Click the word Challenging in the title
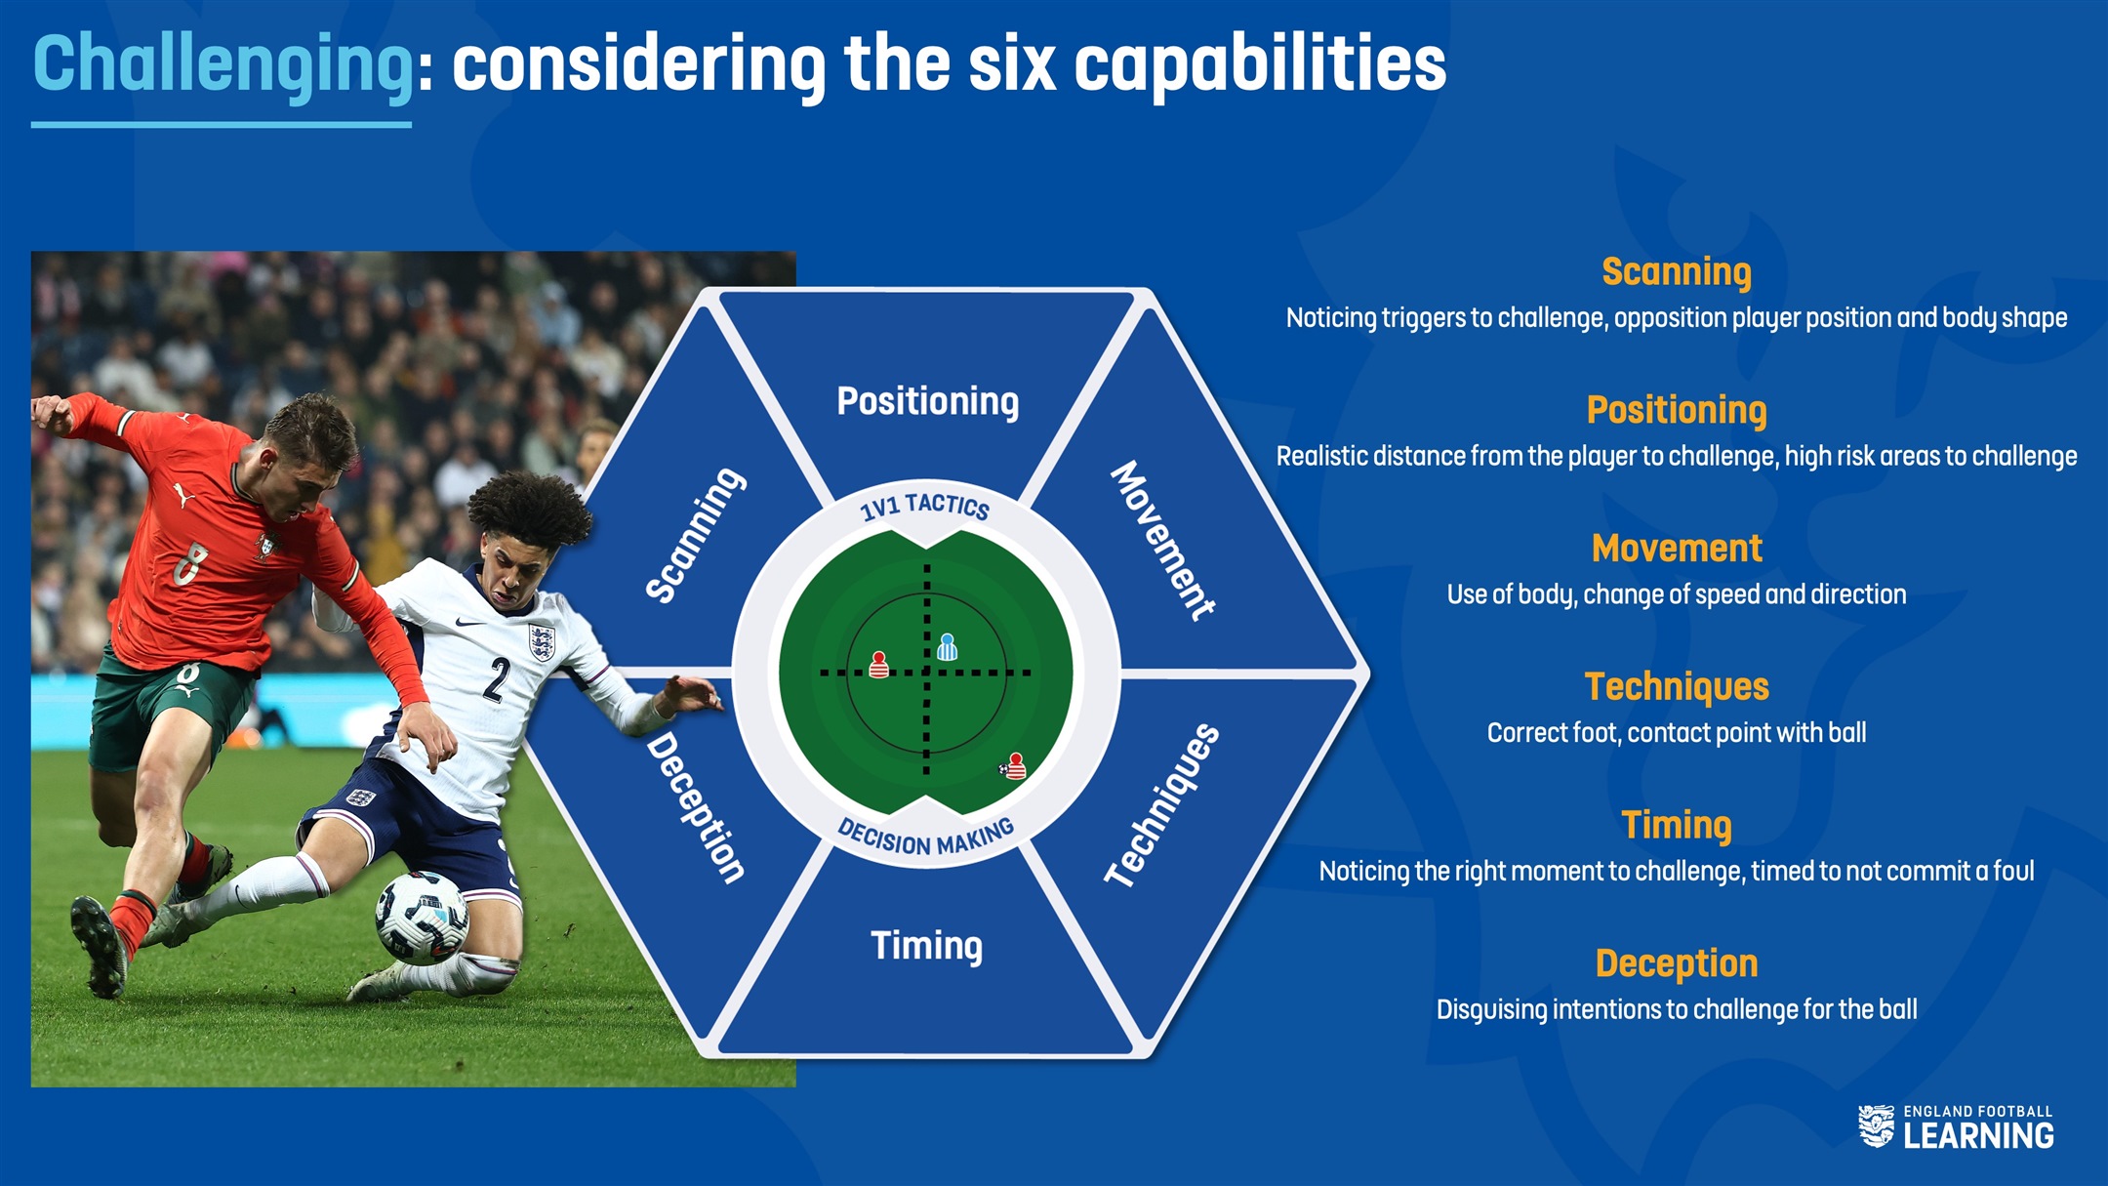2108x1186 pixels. click(x=223, y=65)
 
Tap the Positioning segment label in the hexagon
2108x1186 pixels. click(x=927, y=401)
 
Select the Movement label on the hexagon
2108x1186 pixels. click(x=1163, y=540)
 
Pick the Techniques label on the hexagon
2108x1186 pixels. click(x=1162, y=805)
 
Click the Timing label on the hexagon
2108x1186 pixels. click(x=926, y=945)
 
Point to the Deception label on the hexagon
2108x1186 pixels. click(x=696, y=807)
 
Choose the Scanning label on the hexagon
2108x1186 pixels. click(x=695, y=535)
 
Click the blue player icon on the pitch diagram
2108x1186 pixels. click(x=947, y=646)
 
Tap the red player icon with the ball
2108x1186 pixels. click(x=1014, y=765)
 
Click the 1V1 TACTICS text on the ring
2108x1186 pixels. click(x=924, y=506)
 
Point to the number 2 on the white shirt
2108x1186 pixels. click(x=497, y=679)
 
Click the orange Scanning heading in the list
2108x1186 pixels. click(x=1677, y=272)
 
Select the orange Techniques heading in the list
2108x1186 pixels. click(x=1677, y=686)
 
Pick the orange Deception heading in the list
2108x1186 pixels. click(x=1677, y=963)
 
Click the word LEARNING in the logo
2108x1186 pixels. click(x=1978, y=1135)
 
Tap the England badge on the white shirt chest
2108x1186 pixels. click(x=541, y=642)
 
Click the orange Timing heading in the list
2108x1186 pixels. click(x=1677, y=826)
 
